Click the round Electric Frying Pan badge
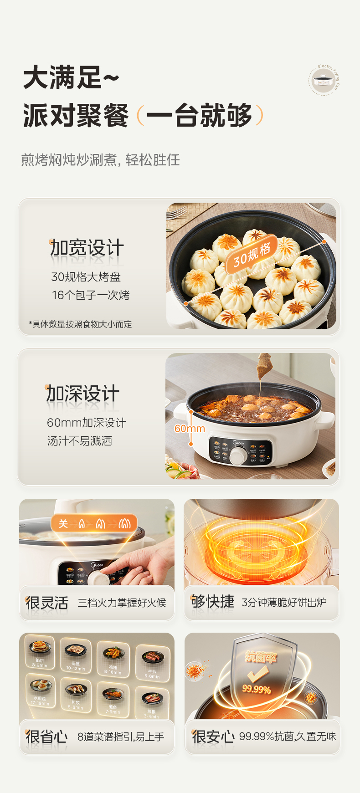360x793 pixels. (324, 80)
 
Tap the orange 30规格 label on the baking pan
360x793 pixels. (252, 255)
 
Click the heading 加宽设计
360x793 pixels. (87, 248)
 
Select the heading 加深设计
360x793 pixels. (83, 394)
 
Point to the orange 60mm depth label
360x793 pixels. (190, 429)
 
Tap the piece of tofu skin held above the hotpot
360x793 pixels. (263, 367)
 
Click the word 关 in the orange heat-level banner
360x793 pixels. (63, 524)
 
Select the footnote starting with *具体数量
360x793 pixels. (80, 324)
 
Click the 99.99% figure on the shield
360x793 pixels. (256, 690)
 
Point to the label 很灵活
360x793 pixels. (47, 603)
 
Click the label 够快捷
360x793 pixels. (212, 602)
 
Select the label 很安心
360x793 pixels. (213, 737)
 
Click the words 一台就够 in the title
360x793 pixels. (200, 116)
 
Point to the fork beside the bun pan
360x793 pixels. (177, 213)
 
